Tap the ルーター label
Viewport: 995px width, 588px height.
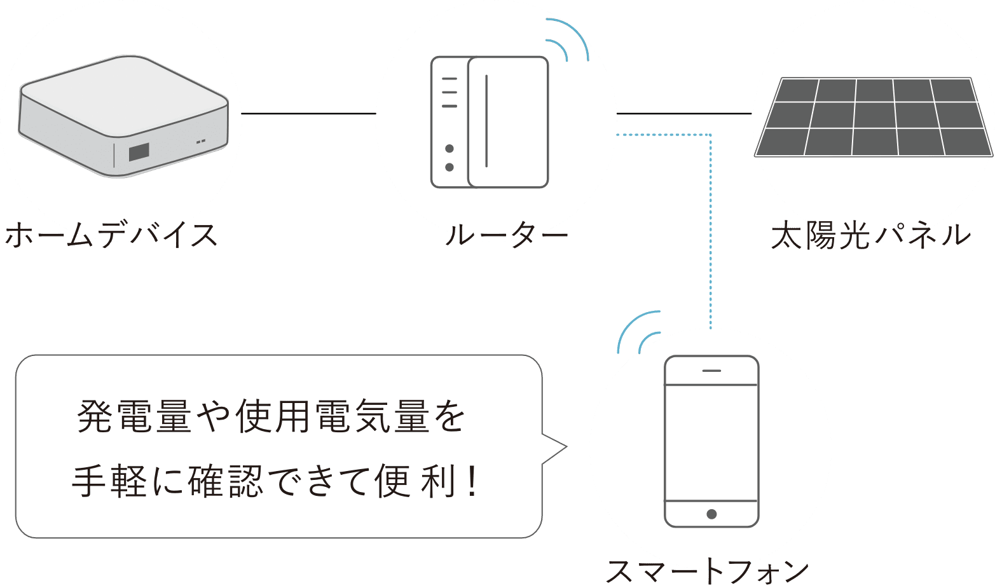[x=506, y=235]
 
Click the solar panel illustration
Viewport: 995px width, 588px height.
[x=873, y=117]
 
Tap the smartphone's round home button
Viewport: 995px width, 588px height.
[x=711, y=514]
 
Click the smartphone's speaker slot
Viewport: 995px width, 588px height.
[x=711, y=370]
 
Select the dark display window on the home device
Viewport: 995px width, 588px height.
[x=139, y=152]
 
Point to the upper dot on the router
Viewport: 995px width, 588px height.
[x=449, y=149]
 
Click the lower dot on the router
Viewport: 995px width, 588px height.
[x=449, y=167]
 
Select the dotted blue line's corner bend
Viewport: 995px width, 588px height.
[x=710, y=135]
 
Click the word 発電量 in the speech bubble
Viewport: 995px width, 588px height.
[x=134, y=418]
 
